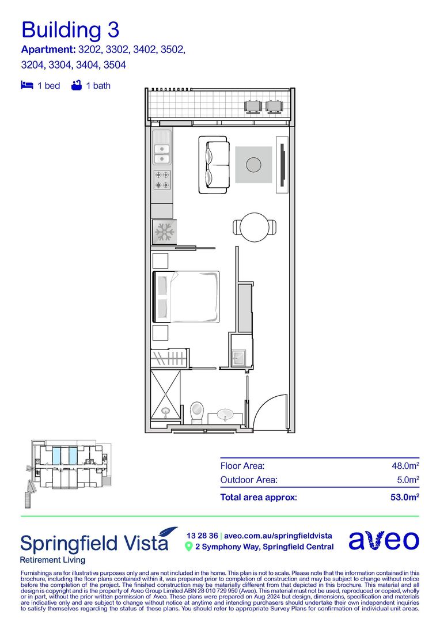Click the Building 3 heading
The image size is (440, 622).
click(x=70, y=30)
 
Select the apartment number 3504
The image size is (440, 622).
click(x=115, y=65)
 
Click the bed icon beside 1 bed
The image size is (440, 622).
click(x=27, y=85)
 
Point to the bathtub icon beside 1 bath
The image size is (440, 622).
click(x=77, y=85)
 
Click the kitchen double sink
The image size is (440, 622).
click(x=162, y=154)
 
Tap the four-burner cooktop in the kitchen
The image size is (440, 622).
click(x=162, y=180)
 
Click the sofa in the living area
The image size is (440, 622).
click(x=214, y=165)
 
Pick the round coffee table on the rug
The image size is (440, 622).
click(x=253, y=164)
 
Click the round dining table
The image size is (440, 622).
click(x=255, y=227)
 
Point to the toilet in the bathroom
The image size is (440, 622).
click(x=197, y=412)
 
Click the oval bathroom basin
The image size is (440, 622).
click(x=225, y=415)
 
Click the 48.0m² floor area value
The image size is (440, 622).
click(x=405, y=465)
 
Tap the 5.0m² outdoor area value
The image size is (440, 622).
click(x=408, y=480)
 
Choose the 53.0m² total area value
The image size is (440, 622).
click(x=405, y=497)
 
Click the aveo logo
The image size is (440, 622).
click(x=384, y=540)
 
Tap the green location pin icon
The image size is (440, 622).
click(x=189, y=547)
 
